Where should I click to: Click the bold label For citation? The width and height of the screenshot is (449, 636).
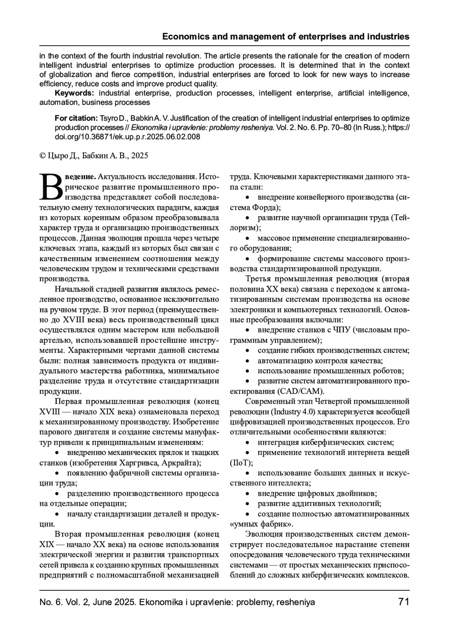[x=76, y=118]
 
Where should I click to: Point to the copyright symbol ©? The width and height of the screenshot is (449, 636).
[x=42, y=156]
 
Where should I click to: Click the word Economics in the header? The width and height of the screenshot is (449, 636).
[x=185, y=37]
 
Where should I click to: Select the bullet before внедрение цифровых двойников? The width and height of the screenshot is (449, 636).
[x=247, y=494]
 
